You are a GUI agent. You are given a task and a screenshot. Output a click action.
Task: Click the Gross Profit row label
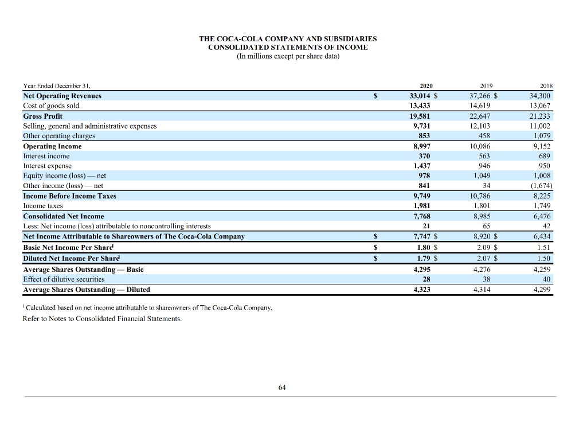pyautogui.click(x=42, y=116)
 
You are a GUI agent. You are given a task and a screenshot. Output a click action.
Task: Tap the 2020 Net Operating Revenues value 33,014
pyautogui.click(x=418, y=96)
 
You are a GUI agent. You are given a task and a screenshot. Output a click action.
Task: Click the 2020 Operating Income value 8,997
pyautogui.click(x=421, y=146)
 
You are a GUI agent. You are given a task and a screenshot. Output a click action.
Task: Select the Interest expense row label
pyautogui.click(x=47, y=166)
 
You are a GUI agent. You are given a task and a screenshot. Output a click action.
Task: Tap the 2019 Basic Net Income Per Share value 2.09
pyautogui.click(x=481, y=248)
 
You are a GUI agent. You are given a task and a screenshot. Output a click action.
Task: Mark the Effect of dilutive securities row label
pyautogui.click(x=64, y=279)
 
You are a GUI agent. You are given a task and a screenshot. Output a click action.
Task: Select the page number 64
pyautogui.click(x=281, y=388)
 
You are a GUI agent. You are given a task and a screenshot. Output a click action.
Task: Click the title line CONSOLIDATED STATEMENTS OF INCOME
pyautogui.click(x=288, y=48)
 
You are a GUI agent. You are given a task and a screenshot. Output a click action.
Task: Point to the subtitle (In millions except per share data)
pyautogui.click(x=288, y=56)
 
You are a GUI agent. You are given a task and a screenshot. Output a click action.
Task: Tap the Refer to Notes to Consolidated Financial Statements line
pyautogui.click(x=102, y=319)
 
